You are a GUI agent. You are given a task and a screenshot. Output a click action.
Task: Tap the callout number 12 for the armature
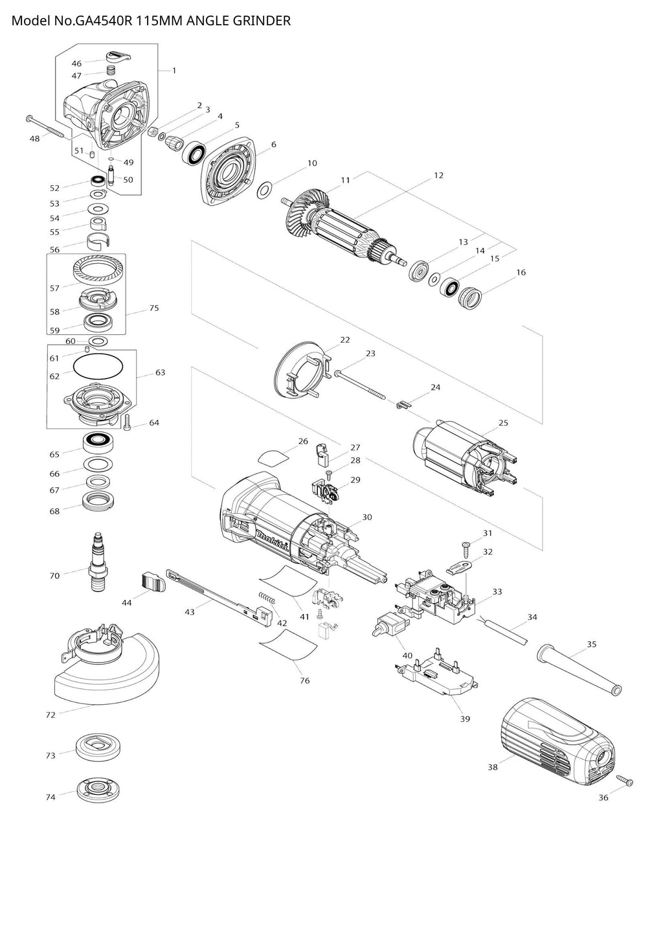click(x=438, y=176)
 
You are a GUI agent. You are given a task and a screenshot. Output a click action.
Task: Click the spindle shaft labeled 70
click(x=98, y=560)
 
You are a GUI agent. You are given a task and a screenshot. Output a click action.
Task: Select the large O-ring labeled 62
click(x=98, y=366)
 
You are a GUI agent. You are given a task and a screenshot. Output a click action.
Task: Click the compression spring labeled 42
click(x=268, y=600)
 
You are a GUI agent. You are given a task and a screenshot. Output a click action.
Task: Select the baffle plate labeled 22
click(x=301, y=375)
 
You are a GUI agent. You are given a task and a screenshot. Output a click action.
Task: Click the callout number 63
click(x=160, y=372)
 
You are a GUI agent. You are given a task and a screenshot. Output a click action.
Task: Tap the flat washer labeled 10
click(x=265, y=191)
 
